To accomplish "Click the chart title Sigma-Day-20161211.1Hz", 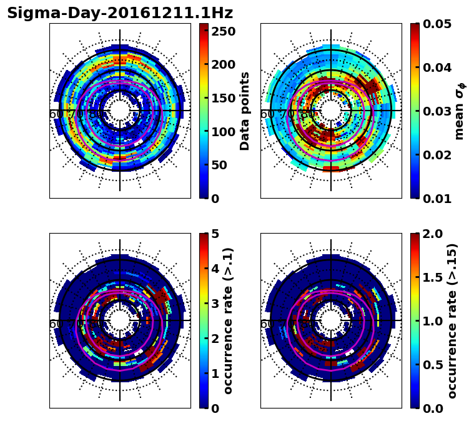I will pos(119,13).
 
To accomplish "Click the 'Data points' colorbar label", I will pos(245,111).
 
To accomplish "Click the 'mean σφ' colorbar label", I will pos(459,111).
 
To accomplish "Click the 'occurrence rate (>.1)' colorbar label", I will pos(228,321).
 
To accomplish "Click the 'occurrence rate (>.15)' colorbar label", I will pos(452,321).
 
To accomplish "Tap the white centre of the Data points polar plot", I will pos(120,111).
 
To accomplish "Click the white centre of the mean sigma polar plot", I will pos(331,111).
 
